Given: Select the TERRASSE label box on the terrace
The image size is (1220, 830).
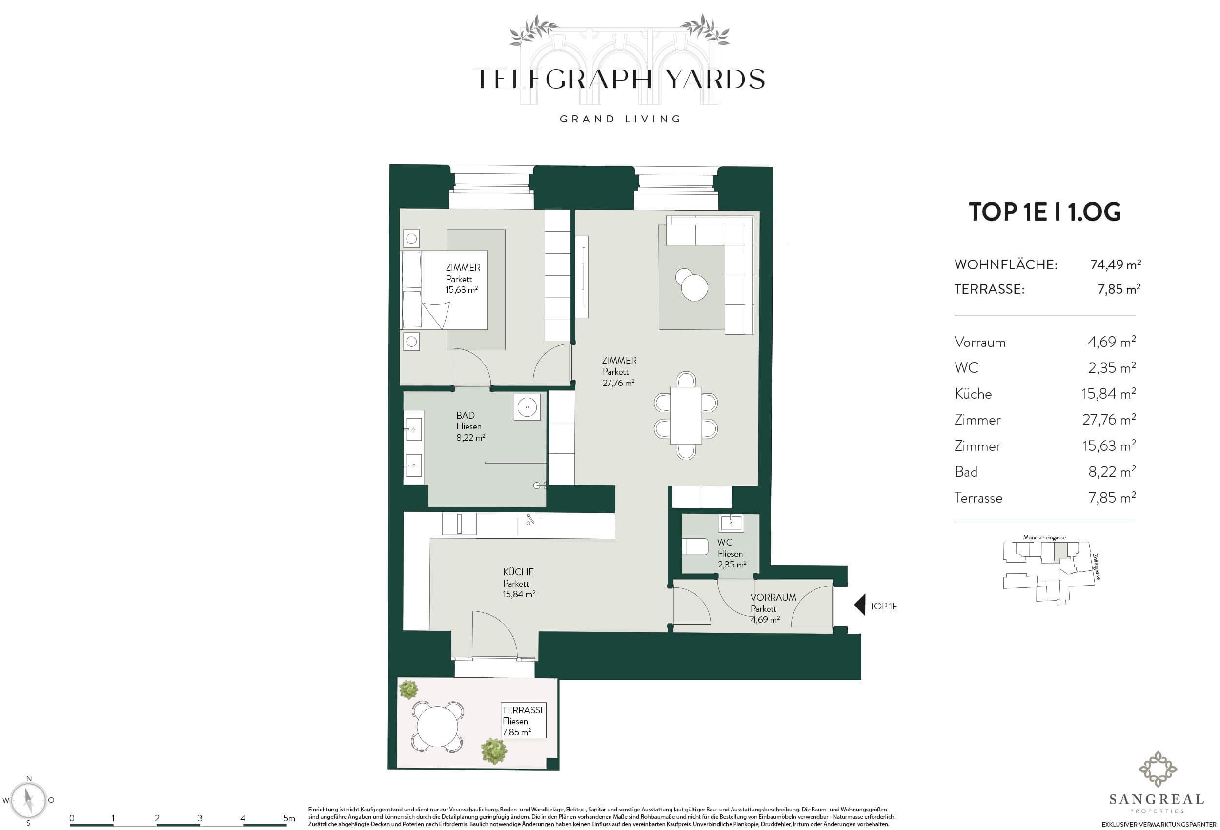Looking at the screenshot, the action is [524, 720].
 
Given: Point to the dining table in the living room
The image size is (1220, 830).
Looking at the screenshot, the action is [686, 415].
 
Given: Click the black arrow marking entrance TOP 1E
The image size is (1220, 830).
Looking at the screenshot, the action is [859, 606].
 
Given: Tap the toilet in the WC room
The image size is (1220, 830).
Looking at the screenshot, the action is [695, 547].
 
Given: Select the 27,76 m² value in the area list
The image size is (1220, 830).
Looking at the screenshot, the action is [1109, 420].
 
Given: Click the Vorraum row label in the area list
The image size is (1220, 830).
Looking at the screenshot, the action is [979, 342].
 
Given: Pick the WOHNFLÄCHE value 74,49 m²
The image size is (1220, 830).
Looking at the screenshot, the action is [1116, 264].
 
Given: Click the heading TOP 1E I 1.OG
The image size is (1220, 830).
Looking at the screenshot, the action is [1045, 212].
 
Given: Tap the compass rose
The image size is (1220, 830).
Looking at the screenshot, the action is [29, 801].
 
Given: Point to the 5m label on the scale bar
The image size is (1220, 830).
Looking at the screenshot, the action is [289, 818].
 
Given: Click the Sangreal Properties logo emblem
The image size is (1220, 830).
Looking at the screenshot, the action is [1158, 769].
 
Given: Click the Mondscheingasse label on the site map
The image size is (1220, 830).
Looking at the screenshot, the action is [1044, 537].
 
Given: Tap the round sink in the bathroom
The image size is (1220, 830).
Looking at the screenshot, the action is [527, 407].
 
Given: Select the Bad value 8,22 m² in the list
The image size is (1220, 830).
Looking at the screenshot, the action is [1112, 471].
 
